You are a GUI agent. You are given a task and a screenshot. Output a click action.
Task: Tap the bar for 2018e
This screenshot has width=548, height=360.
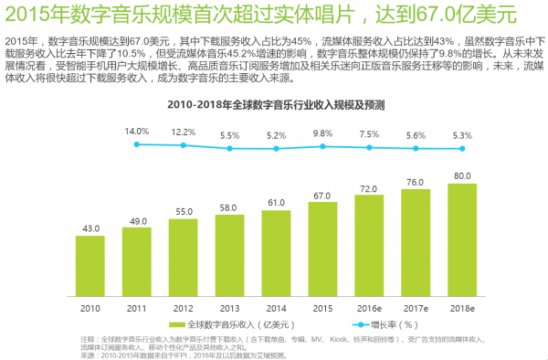tap(463, 238)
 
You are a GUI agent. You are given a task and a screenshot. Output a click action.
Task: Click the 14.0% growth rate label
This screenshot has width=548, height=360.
tap(136, 131)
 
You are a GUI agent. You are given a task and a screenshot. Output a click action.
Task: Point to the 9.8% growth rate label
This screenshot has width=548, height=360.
tap(322, 133)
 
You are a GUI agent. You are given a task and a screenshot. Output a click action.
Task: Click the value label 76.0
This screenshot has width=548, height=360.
tap(416, 181)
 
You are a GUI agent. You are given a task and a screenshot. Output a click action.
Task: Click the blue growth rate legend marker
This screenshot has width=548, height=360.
tap(329, 325)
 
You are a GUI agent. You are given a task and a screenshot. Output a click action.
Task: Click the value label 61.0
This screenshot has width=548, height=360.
tap(276, 202)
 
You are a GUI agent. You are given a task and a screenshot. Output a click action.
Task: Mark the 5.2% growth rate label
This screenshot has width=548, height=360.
tap(276, 135)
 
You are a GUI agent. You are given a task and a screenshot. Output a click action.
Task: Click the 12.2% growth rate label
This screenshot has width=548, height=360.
tap(183, 132)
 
